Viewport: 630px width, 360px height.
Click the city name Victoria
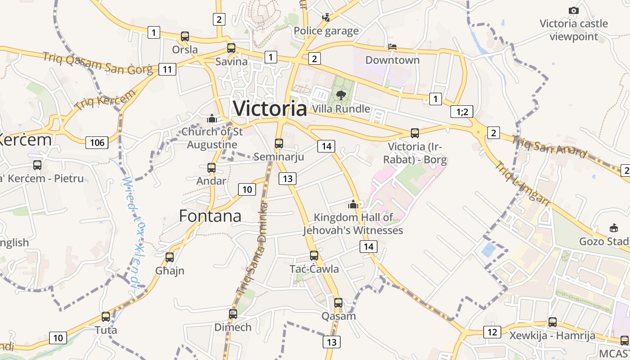point(270,108)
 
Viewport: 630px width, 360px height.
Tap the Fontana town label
point(210,216)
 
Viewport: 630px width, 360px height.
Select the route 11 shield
point(167,69)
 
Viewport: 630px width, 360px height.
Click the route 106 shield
point(97,143)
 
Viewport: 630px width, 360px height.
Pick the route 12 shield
point(492,332)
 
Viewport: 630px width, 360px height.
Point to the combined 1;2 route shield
point(462,112)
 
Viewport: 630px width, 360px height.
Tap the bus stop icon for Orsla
point(184,36)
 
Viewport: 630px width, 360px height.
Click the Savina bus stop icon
point(231,48)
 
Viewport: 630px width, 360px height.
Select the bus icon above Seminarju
point(279,144)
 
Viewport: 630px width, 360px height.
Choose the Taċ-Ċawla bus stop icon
point(314,256)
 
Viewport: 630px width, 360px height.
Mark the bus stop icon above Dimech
point(233,314)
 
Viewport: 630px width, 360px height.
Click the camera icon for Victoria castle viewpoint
point(573,10)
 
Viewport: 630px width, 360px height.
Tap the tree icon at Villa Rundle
point(341,95)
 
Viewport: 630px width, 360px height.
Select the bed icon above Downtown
point(392,47)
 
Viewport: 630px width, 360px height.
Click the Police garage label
point(326,31)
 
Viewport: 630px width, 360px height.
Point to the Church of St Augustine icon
point(212,119)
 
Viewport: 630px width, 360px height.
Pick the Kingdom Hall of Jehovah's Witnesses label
point(353,224)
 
